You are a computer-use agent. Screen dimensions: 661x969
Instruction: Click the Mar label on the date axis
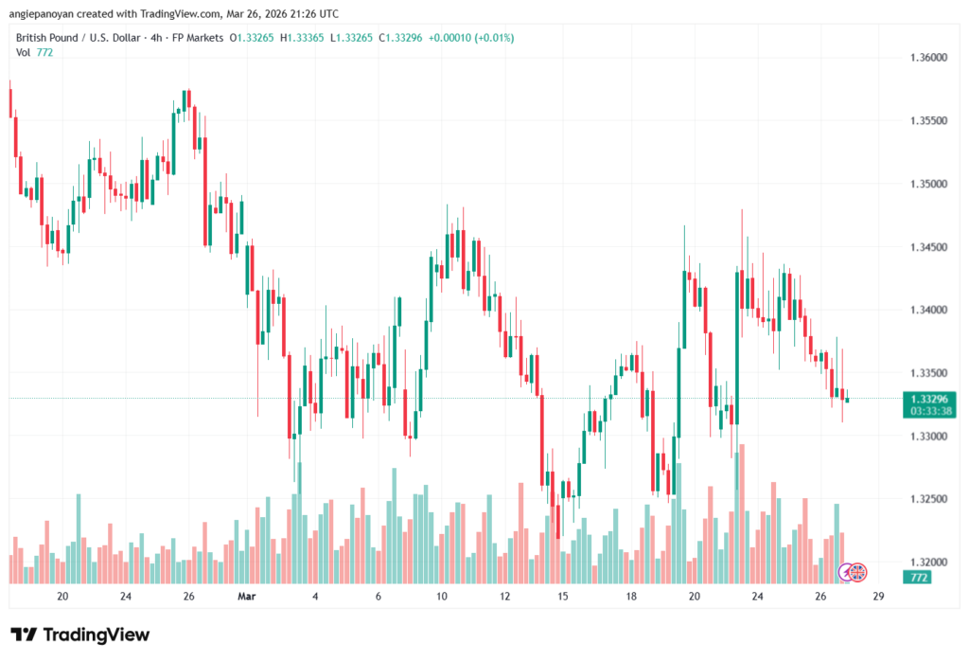click(247, 597)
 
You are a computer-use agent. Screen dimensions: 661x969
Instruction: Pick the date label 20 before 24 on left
click(62, 597)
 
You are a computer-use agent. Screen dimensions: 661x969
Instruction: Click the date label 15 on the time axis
click(563, 597)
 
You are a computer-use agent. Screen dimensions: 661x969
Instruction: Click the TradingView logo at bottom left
click(79, 634)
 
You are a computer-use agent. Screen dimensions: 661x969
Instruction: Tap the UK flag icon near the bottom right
click(857, 571)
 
